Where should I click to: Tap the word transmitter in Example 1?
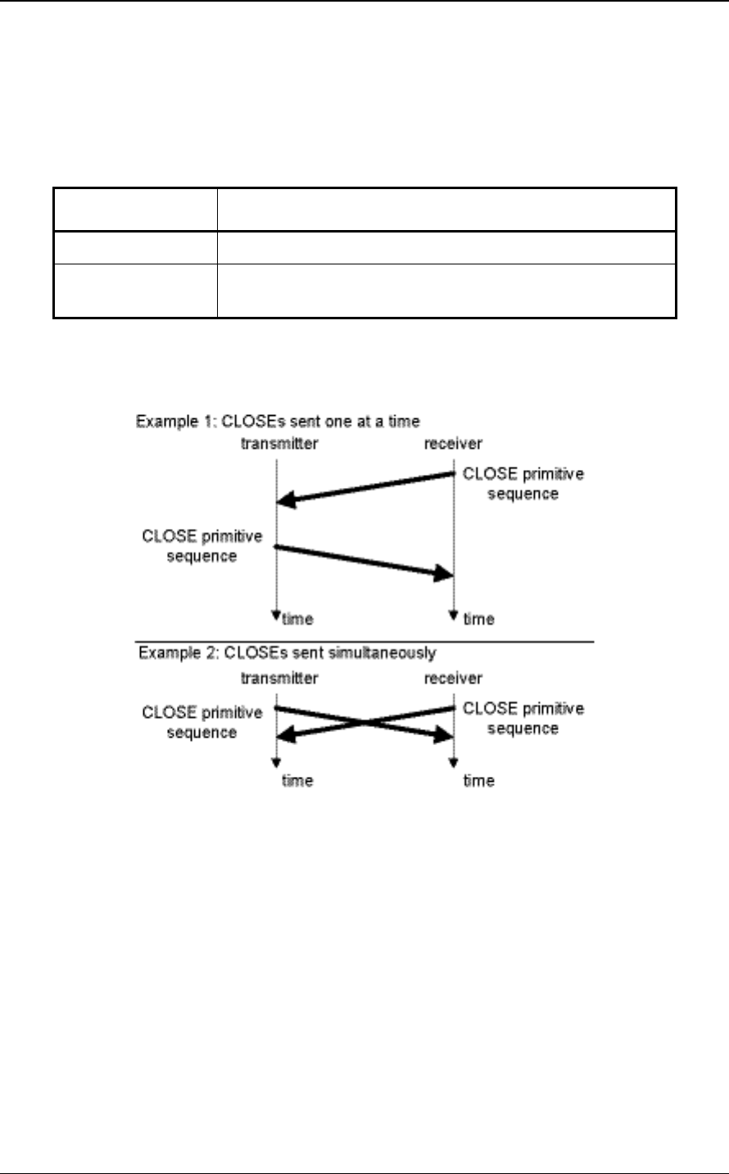[x=277, y=444]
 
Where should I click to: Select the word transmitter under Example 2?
[x=277, y=678]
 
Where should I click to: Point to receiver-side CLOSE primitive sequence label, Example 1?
[x=523, y=484]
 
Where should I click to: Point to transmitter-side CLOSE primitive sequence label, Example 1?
[x=202, y=546]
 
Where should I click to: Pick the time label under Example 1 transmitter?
[x=297, y=619]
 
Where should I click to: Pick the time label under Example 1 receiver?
[x=479, y=619]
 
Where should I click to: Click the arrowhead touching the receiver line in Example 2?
[x=443, y=737]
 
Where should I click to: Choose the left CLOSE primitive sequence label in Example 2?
[x=202, y=722]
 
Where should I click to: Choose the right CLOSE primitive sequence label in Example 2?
[x=523, y=718]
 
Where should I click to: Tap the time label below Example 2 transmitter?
[x=297, y=780]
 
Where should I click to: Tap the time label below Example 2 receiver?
[x=479, y=780]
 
